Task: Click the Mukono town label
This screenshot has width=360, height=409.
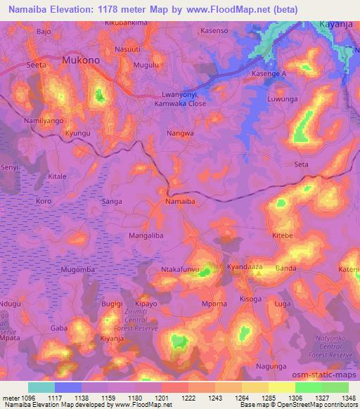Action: click(x=83, y=61)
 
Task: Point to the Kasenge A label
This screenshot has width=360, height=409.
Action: click(x=269, y=74)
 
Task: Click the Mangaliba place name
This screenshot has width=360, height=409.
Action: click(x=146, y=236)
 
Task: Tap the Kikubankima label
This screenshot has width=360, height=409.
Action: click(x=127, y=23)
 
